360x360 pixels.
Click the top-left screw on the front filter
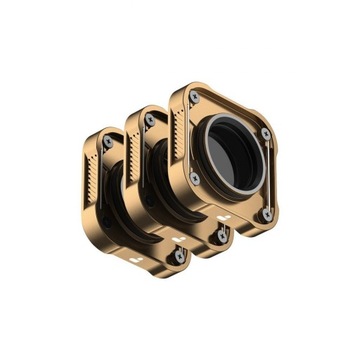(194, 96)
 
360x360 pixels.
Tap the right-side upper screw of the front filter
(265, 133)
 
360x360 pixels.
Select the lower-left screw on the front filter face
(195, 177)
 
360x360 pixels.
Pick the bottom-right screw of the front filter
(267, 212)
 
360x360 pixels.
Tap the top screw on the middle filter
(150, 120)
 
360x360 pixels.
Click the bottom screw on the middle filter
(222, 235)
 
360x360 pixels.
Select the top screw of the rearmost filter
(107, 141)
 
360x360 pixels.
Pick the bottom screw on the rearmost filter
(180, 255)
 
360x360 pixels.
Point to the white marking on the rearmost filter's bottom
(134, 260)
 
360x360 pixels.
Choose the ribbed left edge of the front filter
(180, 128)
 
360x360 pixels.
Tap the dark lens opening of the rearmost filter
(115, 192)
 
